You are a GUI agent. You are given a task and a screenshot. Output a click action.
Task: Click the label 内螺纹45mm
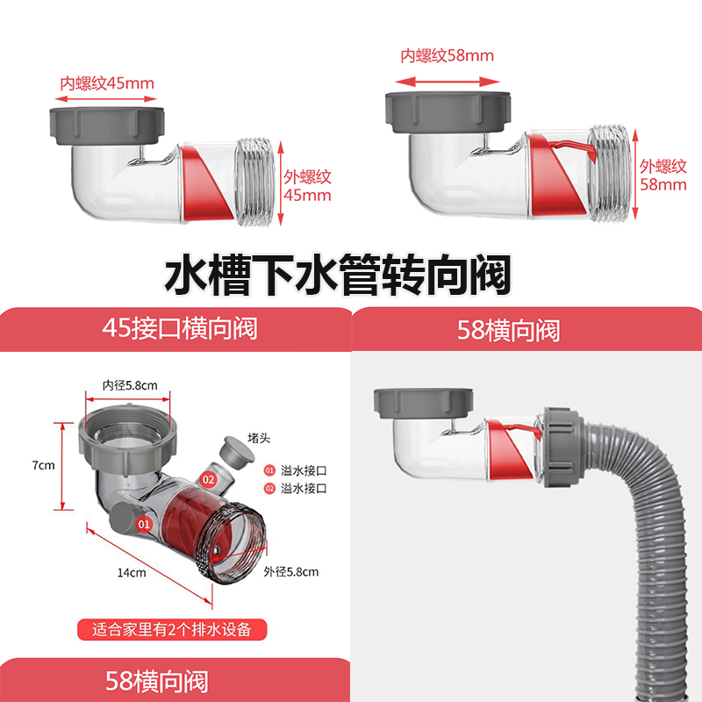tap(106, 84)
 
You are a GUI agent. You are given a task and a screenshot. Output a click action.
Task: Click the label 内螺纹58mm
tap(447, 55)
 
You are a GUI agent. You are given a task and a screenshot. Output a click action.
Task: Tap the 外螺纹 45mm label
tap(306, 185)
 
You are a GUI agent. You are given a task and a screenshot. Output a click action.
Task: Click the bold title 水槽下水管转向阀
tap(338, 275)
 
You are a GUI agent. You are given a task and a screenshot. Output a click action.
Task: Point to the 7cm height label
tap(44, 465)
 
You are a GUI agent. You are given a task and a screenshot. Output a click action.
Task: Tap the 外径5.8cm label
tap(290, 571)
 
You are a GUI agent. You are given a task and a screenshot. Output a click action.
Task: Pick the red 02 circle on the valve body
tap(209, 479)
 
